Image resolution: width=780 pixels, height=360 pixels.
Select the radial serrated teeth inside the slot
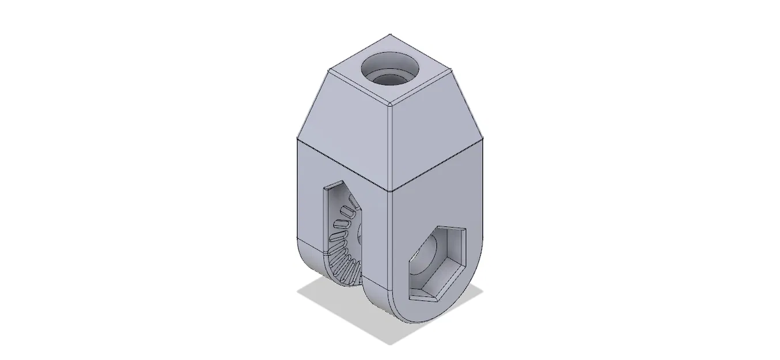coord(344,242)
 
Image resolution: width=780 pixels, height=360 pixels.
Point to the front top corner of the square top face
coord(389,108)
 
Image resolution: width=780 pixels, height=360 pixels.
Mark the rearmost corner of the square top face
coord(390,35)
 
